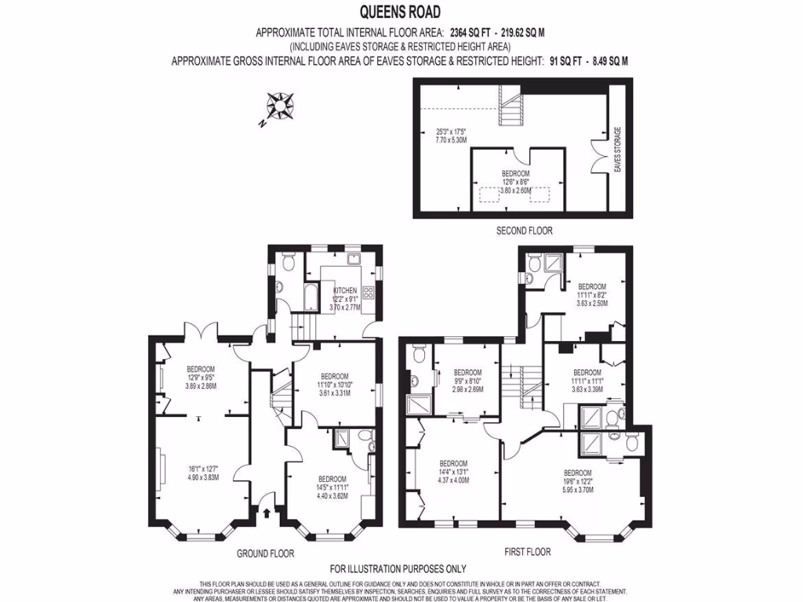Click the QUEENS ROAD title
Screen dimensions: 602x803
tap(400, 11)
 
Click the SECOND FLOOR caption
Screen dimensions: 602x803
tap(524, 230)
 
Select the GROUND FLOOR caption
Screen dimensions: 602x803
tap(265, 553)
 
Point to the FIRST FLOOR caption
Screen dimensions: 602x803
tap(524, 553)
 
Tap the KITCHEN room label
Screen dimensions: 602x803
tap(345, 290)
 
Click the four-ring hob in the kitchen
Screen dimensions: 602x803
tap(368, 296)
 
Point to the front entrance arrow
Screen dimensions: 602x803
tap(268, 514)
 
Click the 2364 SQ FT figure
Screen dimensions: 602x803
tap(470, 33)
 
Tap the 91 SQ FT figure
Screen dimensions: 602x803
tap(561, 60)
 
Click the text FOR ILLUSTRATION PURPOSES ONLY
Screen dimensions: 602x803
tap(398, 569)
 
